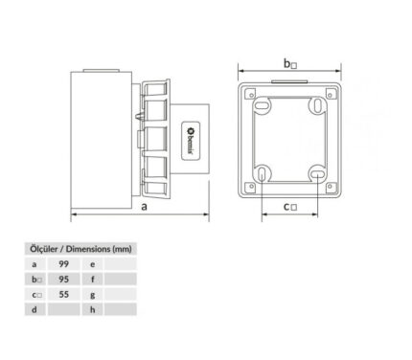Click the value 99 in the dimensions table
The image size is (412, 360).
coord(64,264)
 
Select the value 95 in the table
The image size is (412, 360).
coord(64,280)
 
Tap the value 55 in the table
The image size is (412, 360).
coord(64,294)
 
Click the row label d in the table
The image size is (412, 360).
coord(34,309)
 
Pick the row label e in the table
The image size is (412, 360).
coord(93,264)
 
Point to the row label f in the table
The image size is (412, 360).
coord(93,280)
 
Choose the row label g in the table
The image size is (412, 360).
coord(93,295)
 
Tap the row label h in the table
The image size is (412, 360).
coord(93,309)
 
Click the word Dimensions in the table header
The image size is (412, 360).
coord(88,249)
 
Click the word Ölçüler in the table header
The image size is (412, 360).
coord(44,249)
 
